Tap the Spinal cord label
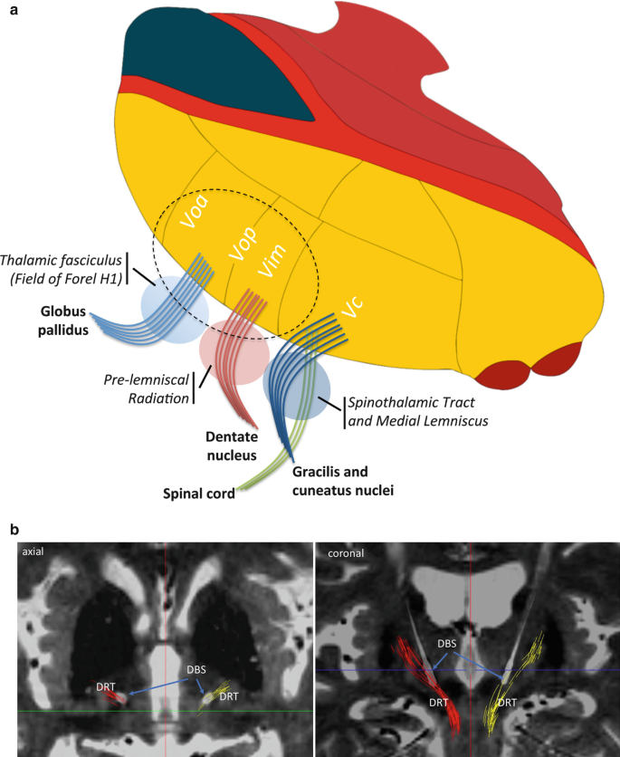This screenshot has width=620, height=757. [198, 493]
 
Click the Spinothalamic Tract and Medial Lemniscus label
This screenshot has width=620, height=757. [411, 413]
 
